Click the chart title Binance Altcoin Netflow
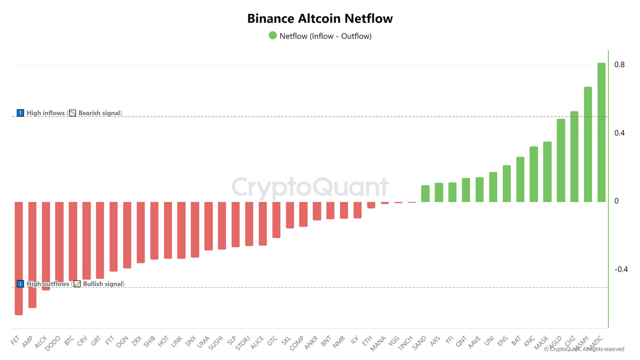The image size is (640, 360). pos(320,19)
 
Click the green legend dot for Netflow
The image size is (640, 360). pos(273,35)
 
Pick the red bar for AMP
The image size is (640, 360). pos(32,255)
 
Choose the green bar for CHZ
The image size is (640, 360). pos(574,156)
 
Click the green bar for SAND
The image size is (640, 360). pos(425,193)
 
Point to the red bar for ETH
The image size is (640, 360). pos(371,205)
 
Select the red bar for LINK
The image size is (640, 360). pos(181,230)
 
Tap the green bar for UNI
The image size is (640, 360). pos(493,187)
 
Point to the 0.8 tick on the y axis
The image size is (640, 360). pos(619,65)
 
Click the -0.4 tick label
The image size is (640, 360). pos(621,269)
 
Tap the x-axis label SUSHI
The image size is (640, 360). pos(216,343)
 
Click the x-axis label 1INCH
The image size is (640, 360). pos(406,343)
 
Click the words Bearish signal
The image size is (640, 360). pos(99,113)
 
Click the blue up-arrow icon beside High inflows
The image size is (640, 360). pos(20,113)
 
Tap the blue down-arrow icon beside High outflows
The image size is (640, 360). pos(20,284)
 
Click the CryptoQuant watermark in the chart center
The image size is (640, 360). pos(310,187)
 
